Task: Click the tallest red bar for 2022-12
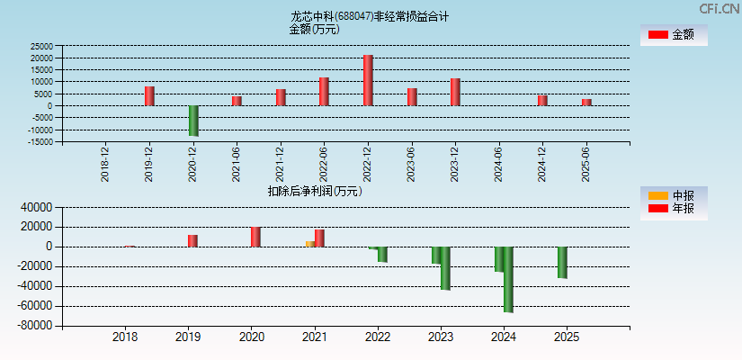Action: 368,80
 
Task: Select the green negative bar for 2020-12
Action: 193,121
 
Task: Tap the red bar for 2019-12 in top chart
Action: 149,95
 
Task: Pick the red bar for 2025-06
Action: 586,102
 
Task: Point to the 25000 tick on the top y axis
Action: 41,46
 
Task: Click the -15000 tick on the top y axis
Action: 40,141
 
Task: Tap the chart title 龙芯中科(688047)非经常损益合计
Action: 370,16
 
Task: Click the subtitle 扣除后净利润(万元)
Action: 315,191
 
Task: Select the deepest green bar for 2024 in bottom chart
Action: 508,279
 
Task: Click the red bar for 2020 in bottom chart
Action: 255,237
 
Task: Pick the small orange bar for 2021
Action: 309,243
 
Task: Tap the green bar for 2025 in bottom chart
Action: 562,262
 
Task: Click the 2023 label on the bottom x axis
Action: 441,337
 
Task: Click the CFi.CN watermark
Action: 720,8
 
